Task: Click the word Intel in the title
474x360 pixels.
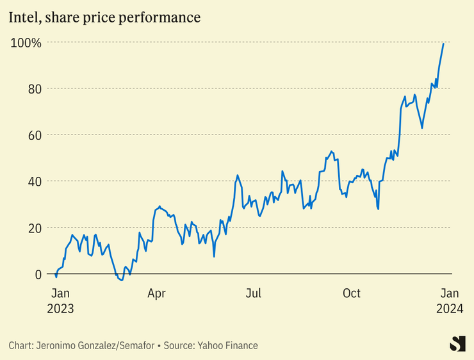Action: tap(24, 17)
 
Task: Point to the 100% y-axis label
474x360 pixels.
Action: tap(26, 43)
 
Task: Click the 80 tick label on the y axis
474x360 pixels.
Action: tap(35, 88)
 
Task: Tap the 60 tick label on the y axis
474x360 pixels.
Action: tap(35, 135)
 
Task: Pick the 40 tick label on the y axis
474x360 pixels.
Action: tap(35, 181)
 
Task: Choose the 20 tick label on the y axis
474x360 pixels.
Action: tap(35, 228)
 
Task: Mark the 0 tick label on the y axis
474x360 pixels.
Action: tap(38, 274)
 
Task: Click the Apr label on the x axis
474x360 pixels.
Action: tap(156, 293)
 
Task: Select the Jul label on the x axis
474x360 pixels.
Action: tap(254, 293)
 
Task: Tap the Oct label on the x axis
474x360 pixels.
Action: tap(352, 293)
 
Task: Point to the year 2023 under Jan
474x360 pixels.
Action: tap(60, 308)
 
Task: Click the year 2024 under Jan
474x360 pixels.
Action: tap(450, 308)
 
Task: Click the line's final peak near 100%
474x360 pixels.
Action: tap(443, 44)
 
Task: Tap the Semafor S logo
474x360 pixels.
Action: tap(457, 343)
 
